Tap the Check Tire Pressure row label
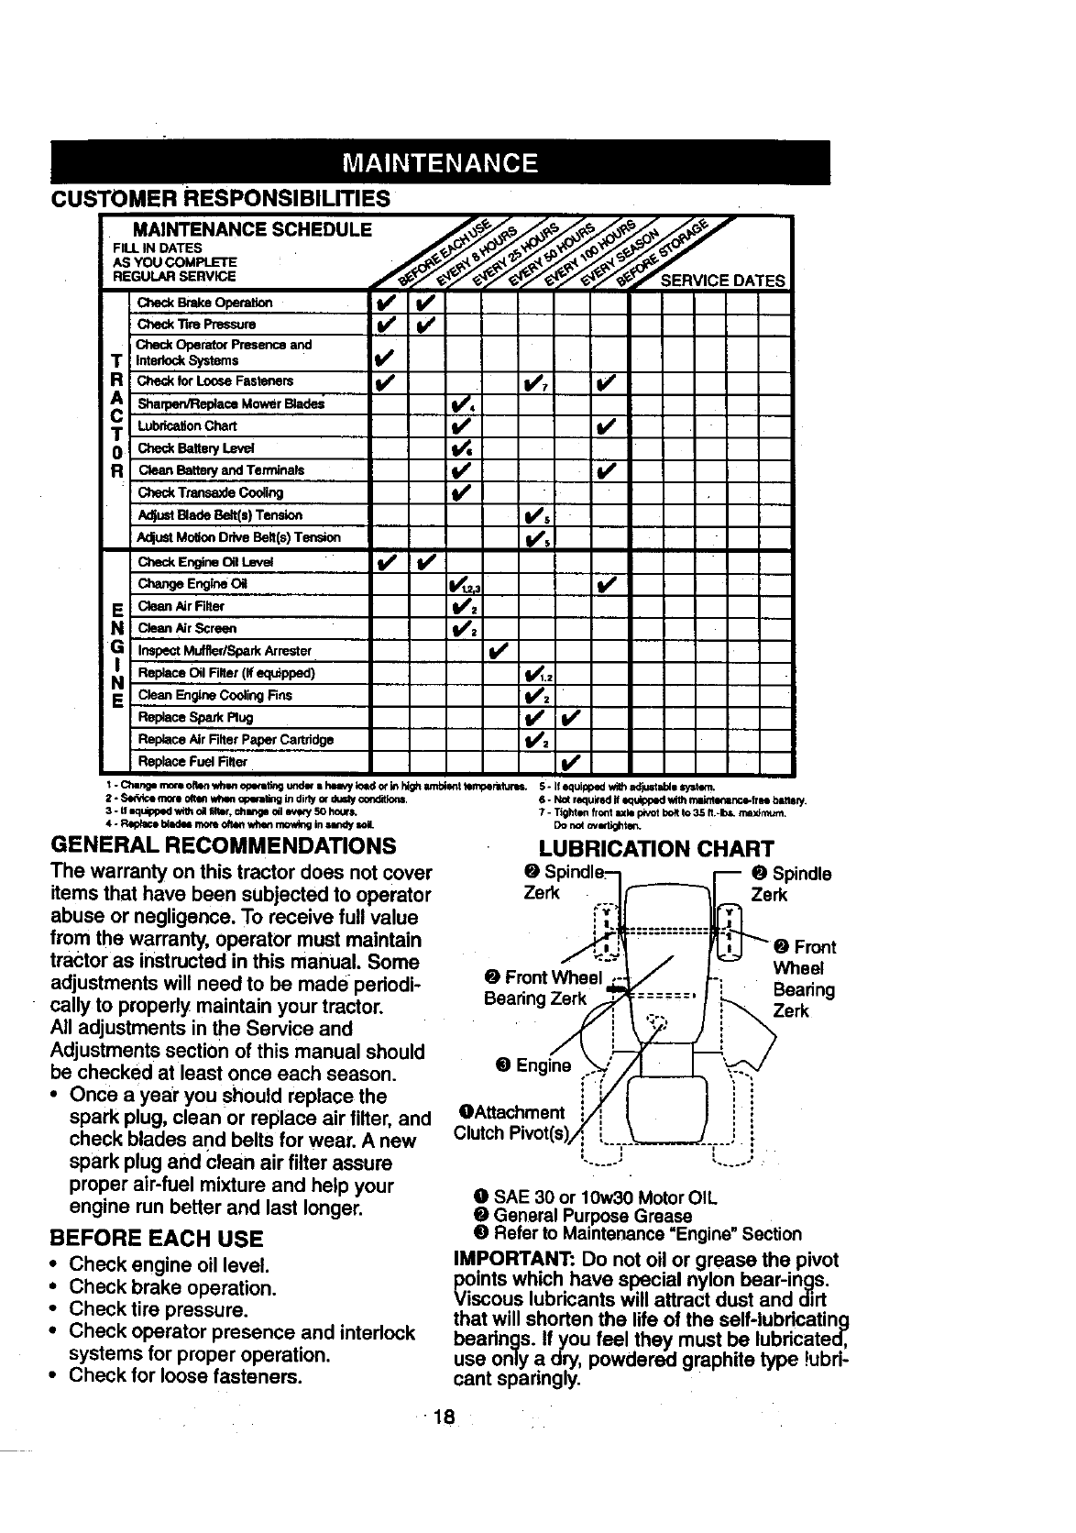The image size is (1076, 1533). click(196, 324)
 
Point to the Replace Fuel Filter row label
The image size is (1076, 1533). click(192, 761)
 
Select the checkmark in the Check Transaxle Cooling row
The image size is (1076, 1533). click(460, 493)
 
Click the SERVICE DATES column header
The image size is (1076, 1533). click(722, 281)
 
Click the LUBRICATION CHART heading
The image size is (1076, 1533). click(656, 848)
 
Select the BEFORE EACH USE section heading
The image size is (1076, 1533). click(157, 1239)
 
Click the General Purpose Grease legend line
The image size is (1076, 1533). click(592, 1216)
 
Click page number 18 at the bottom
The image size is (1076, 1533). click(444, 1417)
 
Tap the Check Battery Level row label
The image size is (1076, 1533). click(195, 448)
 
